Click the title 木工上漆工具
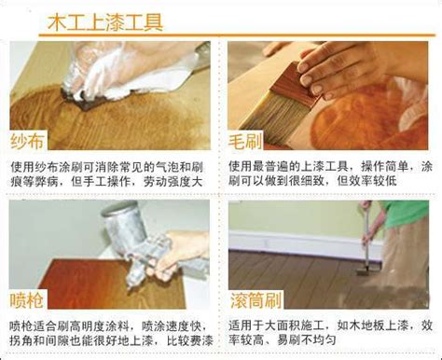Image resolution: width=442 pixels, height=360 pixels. [105, 21]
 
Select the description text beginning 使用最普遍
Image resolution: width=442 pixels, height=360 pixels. [331, 173]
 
